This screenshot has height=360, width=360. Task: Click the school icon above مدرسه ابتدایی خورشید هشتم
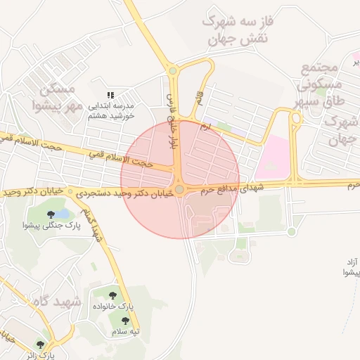pos(110,94)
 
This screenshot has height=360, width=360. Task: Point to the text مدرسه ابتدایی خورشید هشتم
pos(110,110)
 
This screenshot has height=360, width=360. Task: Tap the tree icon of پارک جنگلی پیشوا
pos(51,214)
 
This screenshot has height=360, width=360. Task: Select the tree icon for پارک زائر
pos(40,344)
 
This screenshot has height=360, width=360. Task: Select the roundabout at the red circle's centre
pos(180,190)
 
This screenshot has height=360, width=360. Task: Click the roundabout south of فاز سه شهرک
pos(172,70)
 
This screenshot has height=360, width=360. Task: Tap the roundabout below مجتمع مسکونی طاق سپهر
pos(296,119)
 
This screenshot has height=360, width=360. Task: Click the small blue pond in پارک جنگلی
pos(62,212)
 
